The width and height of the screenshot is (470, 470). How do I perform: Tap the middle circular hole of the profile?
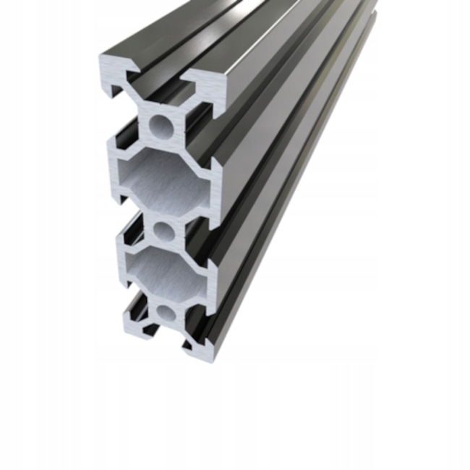(x=164, y=231)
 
